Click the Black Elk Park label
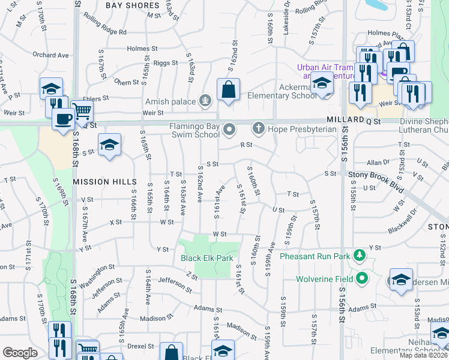click(x=207, y=259)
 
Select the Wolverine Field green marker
click(x=362, y=278)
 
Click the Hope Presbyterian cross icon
click(x=259, y=128)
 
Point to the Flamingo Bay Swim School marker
click(x=229, y=129)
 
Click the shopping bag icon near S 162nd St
click(x=229, y=91)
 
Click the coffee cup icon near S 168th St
click(x=63, y=118)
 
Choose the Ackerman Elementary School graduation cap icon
click(x=322, y=85)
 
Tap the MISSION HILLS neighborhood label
click(x=97, y=181)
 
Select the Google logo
click(x=20, y=353)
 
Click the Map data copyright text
click(x=423, y=355)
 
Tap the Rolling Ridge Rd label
click(x=106, y=32)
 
